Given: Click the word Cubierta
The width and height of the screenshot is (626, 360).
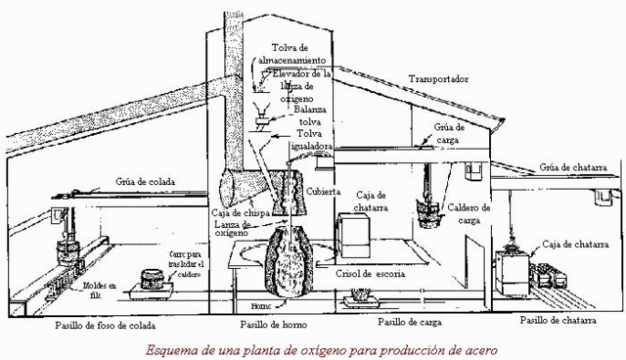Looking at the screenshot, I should [x=329, y=193].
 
